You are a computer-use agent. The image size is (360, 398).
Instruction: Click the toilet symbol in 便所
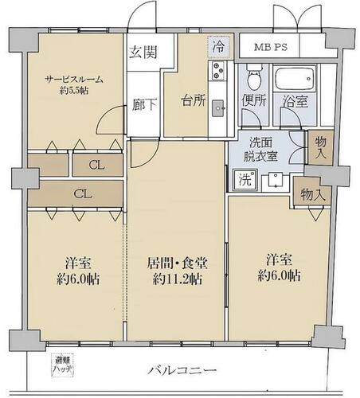(x=253, y=76)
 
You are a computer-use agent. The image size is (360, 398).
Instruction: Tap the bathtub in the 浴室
(x=295, y=79)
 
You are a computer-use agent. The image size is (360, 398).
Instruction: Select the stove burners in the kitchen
(x=218, y=71)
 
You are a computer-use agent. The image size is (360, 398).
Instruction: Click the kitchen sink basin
(x=218, y=108)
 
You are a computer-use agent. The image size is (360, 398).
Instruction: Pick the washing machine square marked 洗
(x=245, y=180)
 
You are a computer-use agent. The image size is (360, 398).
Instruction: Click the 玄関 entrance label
(x=143, y=52)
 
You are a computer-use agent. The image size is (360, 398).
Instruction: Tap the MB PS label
(x=271, y=47)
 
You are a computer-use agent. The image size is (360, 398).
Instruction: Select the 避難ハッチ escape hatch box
(x=62, y=365)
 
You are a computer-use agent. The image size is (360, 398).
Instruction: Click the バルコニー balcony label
(x=182, y=370)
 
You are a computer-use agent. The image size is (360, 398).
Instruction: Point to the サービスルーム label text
(x=74, y=80)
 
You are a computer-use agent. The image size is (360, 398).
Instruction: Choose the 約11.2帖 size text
(x=178, y=279)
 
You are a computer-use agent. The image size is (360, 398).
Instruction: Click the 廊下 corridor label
(x=144, y=104)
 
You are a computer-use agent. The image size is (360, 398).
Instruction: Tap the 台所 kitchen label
(x=194, y=101)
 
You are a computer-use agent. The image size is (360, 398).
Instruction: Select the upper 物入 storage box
(x=320, y=148)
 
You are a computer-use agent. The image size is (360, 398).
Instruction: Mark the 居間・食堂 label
(x=178, y=263)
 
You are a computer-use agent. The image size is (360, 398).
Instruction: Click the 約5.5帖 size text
(x=74, y=91)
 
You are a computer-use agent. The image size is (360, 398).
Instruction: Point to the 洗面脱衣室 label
(x=260, y=150)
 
